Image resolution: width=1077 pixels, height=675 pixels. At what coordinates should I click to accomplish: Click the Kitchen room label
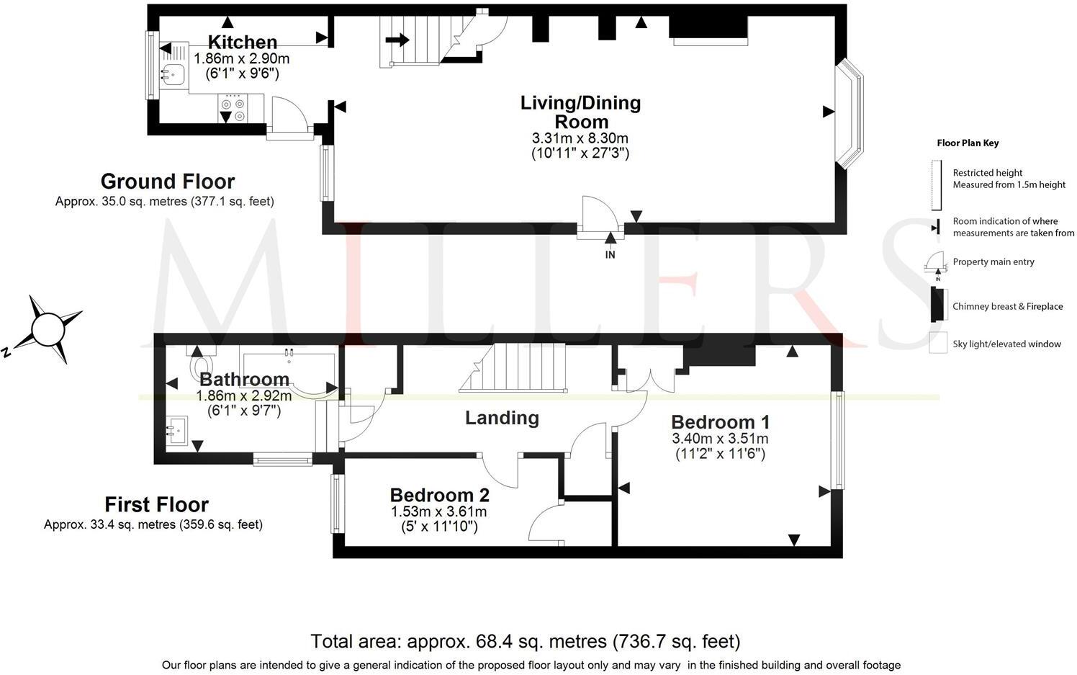[x=242, y=43]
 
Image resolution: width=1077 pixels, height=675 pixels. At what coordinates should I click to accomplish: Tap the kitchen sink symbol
[x=173, y=73]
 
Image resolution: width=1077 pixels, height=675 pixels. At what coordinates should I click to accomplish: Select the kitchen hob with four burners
[x=233, y=108]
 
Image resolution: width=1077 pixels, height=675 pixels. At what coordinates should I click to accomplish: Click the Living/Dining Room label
[x=580, y=112]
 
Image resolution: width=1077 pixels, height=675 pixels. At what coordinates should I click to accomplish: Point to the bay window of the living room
[x=852, y=114]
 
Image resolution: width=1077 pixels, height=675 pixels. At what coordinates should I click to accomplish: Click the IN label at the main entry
[x=610, y=254]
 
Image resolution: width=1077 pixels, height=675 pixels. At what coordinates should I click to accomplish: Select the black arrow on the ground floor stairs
[x=397, y=40]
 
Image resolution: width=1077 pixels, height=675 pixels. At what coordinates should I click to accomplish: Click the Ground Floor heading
[x=167, y=181]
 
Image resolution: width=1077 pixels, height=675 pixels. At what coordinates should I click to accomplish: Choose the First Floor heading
[x=156, y=504]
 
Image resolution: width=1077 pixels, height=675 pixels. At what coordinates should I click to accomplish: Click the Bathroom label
[x=244, y=379]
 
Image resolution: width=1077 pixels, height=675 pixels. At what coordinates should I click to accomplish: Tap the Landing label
[x=502, y=418]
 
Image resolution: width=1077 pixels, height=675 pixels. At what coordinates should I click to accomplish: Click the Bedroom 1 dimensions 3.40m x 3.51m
[x=720, y=439]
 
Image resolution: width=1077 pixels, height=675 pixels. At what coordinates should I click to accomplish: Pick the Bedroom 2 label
[x=439, y=496]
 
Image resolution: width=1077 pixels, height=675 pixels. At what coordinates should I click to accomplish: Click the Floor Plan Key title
[x=968, y=143]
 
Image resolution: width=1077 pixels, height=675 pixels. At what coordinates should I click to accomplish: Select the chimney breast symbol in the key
[x=937, y=305]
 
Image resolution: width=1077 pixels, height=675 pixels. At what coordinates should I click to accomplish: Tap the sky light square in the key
[x=938, y=343]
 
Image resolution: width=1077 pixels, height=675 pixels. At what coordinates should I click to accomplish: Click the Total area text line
[x=525, y=641]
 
